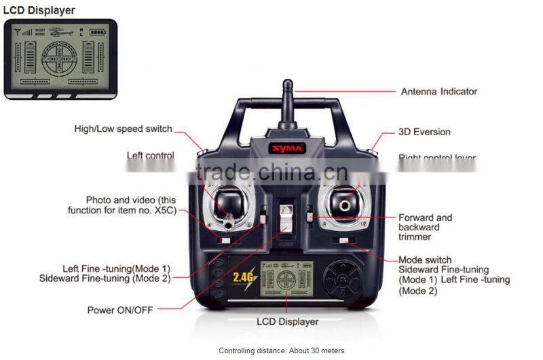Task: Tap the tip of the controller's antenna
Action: coord(288,84)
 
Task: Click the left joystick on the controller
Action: coord(229,203)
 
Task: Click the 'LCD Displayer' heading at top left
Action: coord(39,10)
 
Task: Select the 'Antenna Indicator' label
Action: coord(439,92)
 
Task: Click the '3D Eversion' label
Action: coord(424,132)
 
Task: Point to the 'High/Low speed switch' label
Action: coord(123,129)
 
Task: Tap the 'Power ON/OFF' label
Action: coord(120,310)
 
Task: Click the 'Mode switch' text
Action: coord(425,259)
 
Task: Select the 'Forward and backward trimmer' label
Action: coord(425,227)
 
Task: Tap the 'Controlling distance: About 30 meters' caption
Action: coord(281,350)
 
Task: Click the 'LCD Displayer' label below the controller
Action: coord(287,321)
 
